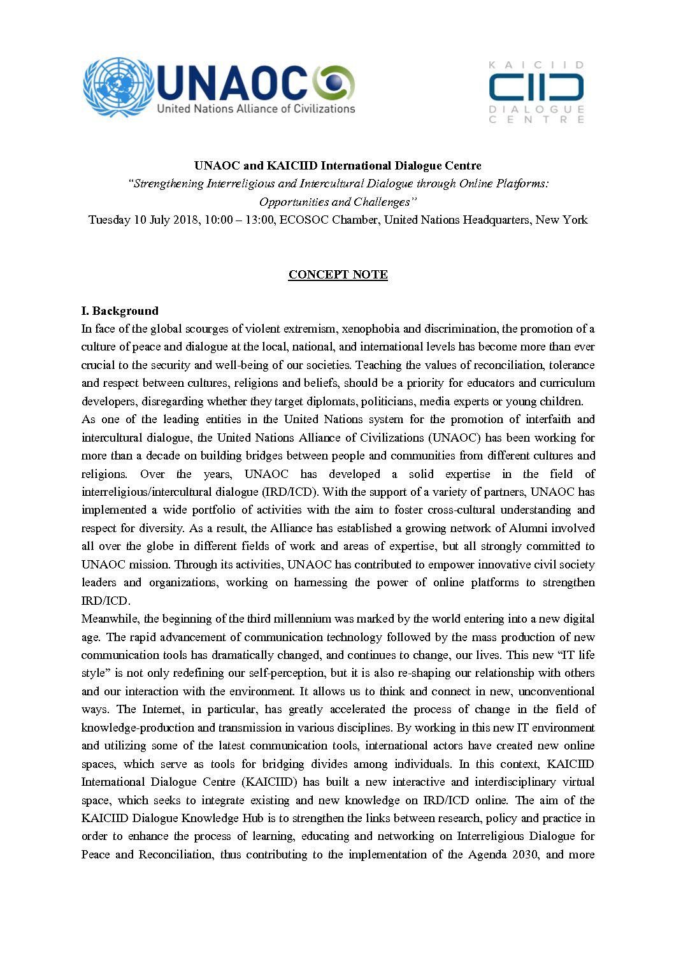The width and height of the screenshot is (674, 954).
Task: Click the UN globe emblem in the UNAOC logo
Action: [118, 87]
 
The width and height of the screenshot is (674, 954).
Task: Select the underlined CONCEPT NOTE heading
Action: [338, 275]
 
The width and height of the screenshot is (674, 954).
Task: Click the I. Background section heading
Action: [120, 311]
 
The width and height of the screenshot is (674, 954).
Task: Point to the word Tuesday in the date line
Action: [110, 220]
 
